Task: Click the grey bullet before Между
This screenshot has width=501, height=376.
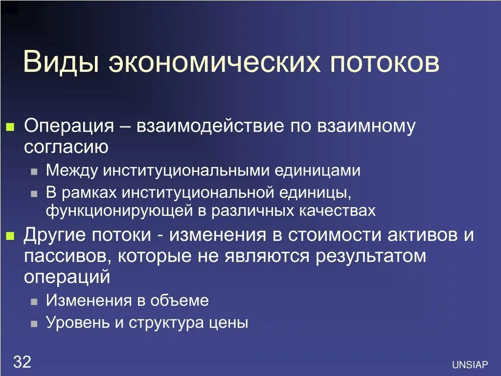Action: click(34, 172)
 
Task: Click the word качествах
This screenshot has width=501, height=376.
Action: click(337, 211)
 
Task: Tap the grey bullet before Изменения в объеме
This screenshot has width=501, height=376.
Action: click(34, 302)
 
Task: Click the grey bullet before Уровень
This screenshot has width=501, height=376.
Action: click(34, 324)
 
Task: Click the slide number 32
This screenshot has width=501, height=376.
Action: click(22, 362)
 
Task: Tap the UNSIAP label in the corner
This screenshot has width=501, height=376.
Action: click(470, 365)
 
